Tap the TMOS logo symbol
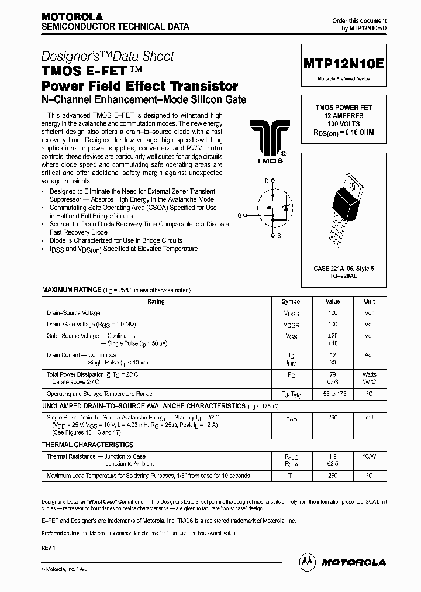(265, 137)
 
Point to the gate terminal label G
(239, 215)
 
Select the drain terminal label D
(267, 181)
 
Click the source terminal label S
(278, 235)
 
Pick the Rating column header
(156, 302)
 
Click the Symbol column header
(291, 302)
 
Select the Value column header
(333, 302)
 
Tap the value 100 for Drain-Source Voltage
(333, 313)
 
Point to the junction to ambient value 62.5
(333, 463)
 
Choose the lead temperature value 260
(333, 476)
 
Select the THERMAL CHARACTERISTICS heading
(88, 445)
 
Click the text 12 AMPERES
(344, 116)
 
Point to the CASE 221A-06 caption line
(344, 268)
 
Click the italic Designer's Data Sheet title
(108, 57)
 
